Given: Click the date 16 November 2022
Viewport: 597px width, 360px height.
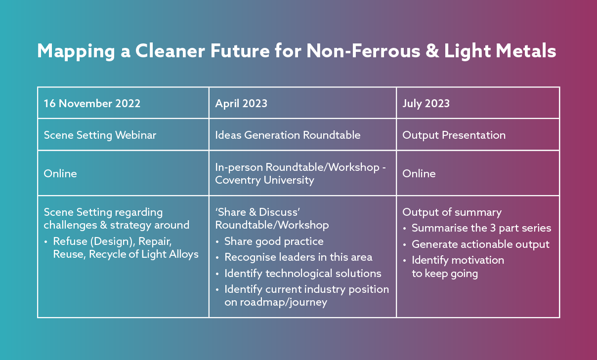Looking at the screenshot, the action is [92, 103].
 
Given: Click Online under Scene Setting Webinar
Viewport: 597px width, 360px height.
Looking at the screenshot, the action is [60, 174].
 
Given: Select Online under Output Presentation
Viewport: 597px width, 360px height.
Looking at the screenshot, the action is [419, 174].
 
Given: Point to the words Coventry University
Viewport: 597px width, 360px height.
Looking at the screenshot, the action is [265, 180].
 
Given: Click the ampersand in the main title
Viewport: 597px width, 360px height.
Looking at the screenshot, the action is [432, 51].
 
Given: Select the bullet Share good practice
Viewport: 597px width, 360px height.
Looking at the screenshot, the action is [274, 241].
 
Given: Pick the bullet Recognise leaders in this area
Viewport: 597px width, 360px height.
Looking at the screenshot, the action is [298, 257].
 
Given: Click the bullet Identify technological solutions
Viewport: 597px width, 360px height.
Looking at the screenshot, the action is [303, 274].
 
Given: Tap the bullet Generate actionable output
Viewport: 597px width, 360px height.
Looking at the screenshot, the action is [480, 244].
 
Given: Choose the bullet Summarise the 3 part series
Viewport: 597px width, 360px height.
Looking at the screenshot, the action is [481, 228].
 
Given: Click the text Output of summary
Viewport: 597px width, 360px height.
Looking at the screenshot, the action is [452, 212].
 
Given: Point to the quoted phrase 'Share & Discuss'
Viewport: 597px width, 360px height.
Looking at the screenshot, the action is [257, 212].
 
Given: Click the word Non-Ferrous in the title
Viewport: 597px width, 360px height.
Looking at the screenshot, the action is [363, 51].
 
